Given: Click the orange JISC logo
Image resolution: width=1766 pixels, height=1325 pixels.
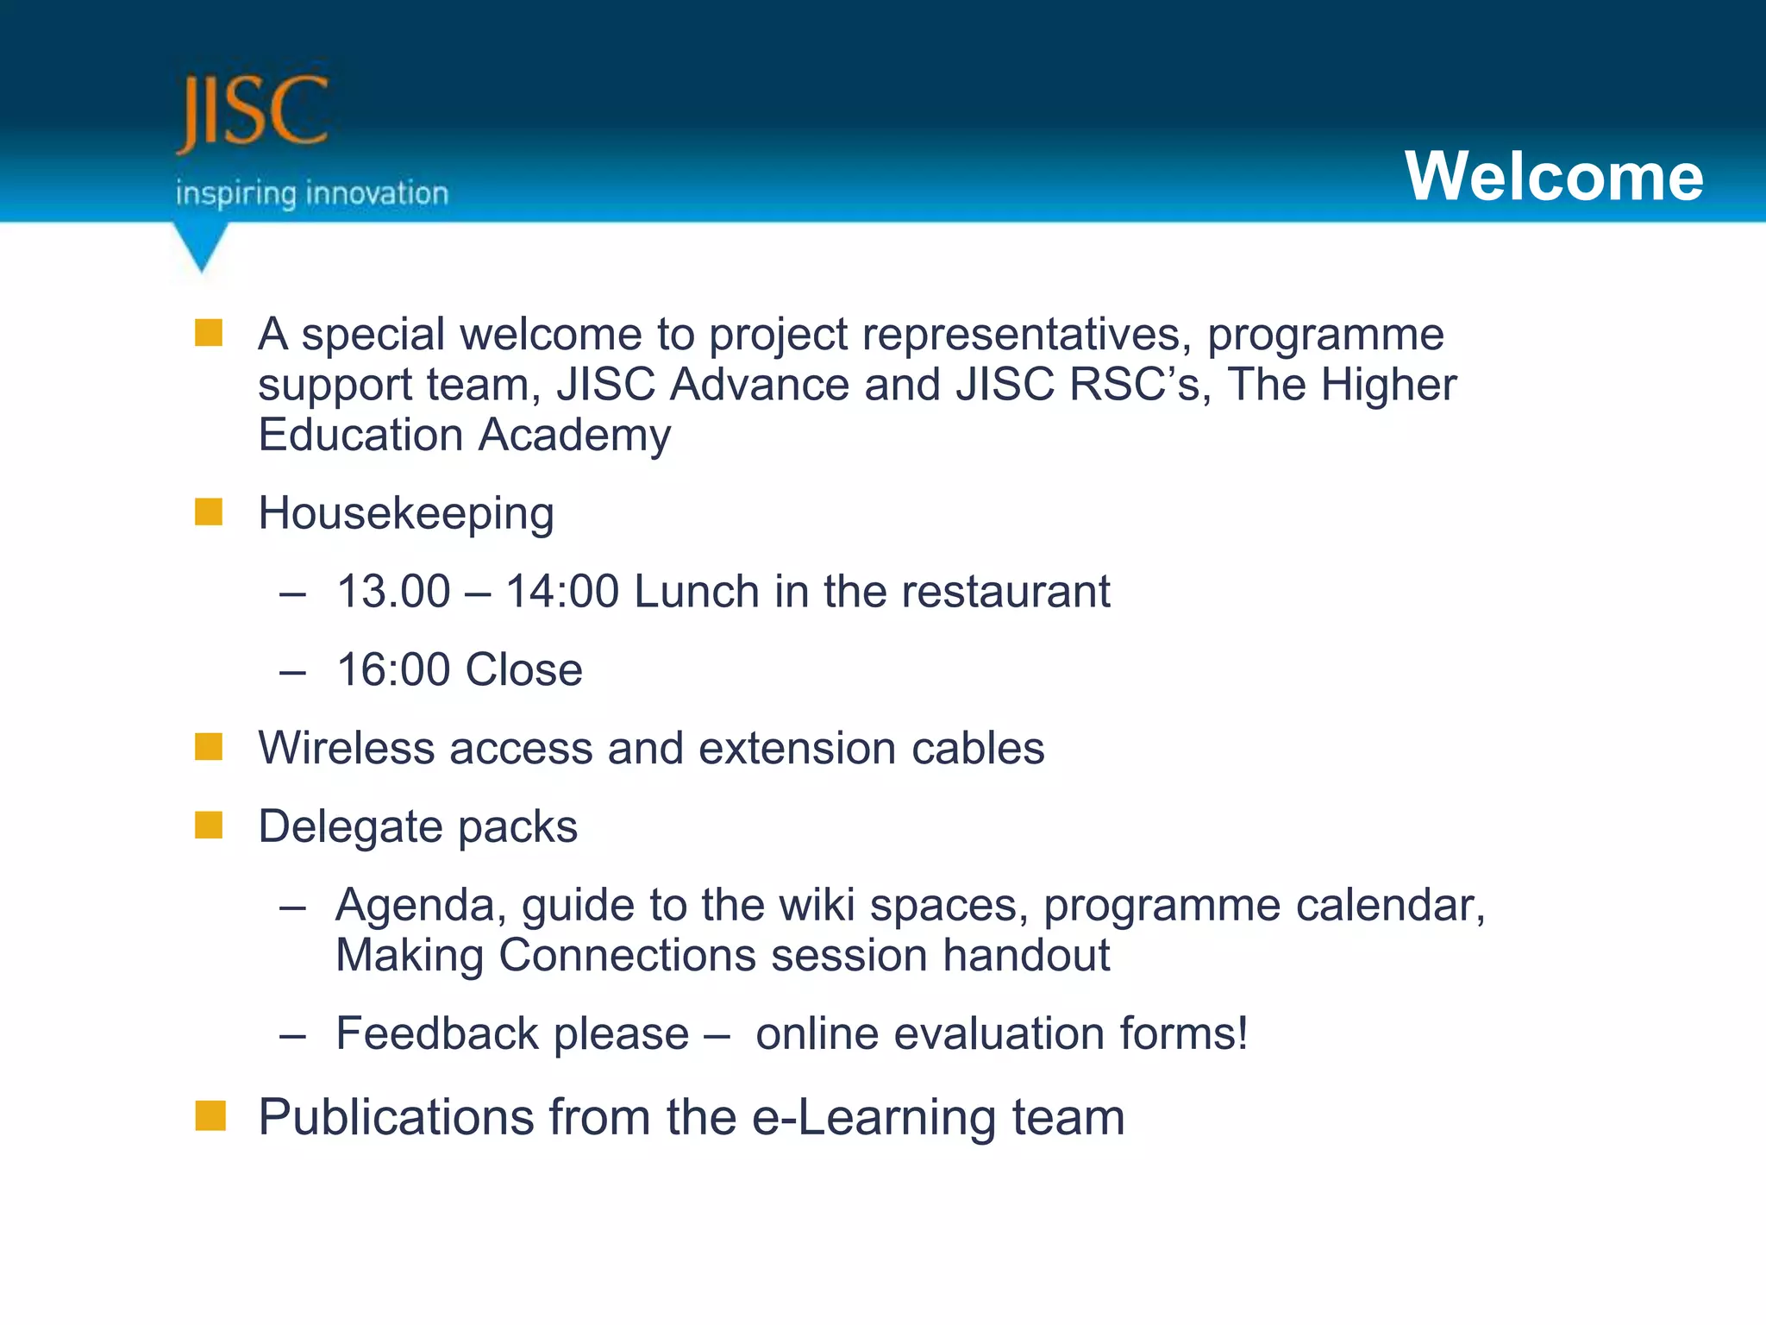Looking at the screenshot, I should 252,112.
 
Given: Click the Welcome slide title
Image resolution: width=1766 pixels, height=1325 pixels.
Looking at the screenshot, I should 1554,176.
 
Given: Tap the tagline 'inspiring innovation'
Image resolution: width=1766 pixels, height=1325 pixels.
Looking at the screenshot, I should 312,193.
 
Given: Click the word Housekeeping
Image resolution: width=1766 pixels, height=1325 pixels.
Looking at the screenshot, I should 406,514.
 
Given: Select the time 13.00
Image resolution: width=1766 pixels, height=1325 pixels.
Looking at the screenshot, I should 393,592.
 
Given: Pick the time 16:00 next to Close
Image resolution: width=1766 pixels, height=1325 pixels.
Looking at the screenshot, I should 393,670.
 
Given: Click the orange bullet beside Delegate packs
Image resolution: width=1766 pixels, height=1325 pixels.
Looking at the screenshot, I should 209,825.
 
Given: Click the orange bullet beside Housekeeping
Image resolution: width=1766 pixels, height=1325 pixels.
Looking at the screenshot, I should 209,512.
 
